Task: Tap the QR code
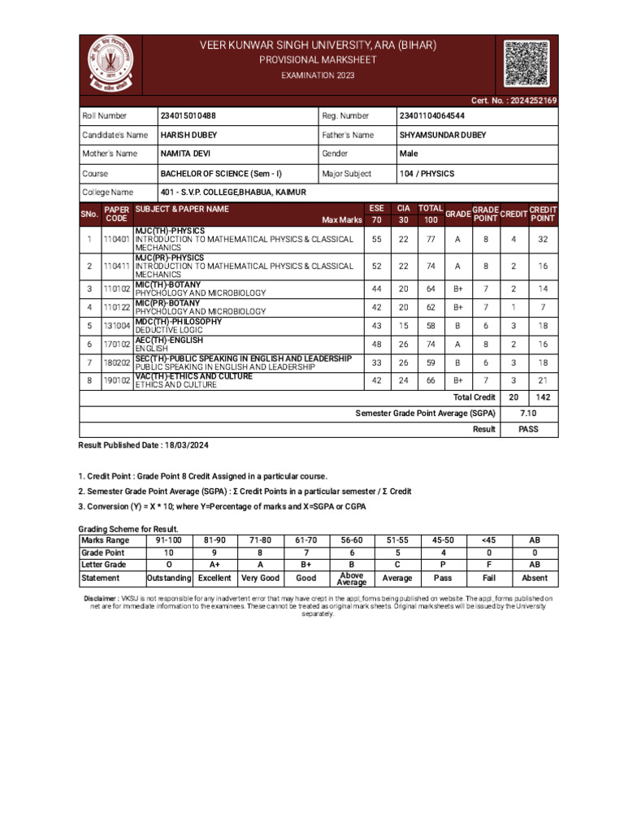click(526, 63)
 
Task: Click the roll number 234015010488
click(188, 116)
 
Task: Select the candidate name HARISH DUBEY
click(188, 135)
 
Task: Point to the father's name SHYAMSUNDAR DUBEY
click(443, 135)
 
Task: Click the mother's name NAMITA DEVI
click(186, 154)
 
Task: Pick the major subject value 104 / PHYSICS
click(427, 174)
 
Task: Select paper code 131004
click(117, 326)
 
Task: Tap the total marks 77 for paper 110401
click(431, 240)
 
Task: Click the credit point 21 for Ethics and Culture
click(543, 381)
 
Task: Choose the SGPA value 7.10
click(528, 414)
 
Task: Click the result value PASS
click(528, 430)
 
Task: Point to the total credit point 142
click(543, 397)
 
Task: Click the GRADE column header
click(457, 214)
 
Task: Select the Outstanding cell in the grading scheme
click(168, 578)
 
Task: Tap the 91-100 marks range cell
click(168, 539)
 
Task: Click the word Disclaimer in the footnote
click(101, 598)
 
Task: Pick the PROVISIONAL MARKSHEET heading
click(318, 61)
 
